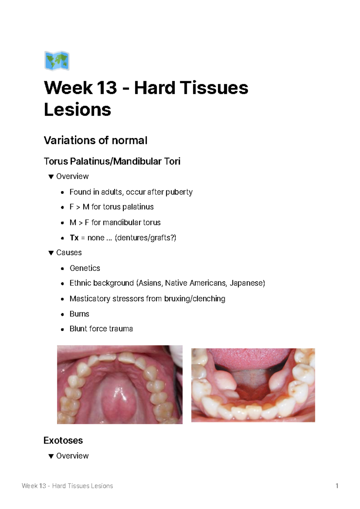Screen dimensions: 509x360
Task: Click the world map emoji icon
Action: pyautogui.click(x=57, y=61)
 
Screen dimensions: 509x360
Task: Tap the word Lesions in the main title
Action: pyautogui.click(x=77, y=109)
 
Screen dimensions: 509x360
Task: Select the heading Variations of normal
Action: pyautogui.click(x=95, y=140)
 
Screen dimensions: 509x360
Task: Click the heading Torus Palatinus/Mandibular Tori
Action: pyautogui.click(x=112, y=161)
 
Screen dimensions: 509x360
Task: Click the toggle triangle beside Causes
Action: pyautogui.click(x=51, y=253)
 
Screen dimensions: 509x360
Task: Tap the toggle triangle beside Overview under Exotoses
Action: pyautogui.click(x=51, y=456)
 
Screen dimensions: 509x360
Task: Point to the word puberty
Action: pyautogui.click(x=179, y=192)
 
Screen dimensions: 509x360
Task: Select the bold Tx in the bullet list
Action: pyautogui.click(x=74, y=238)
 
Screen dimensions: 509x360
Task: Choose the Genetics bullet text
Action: pyautogui.click(x=85, y=268)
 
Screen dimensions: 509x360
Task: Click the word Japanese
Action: pyautogui.click(x=247, y=283)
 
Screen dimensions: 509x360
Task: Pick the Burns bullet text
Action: pyautogui.click(x=79, y=314)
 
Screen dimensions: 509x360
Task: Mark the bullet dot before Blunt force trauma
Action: pyautogui.click(x=62, y=329)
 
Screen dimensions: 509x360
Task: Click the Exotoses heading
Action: pyautogui.click(x=63, y=440)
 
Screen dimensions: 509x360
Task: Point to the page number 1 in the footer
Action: pyautogui.click(x=337, y=486)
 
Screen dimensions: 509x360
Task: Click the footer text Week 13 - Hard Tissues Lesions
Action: pyautogui.click(x=67, y=486)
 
